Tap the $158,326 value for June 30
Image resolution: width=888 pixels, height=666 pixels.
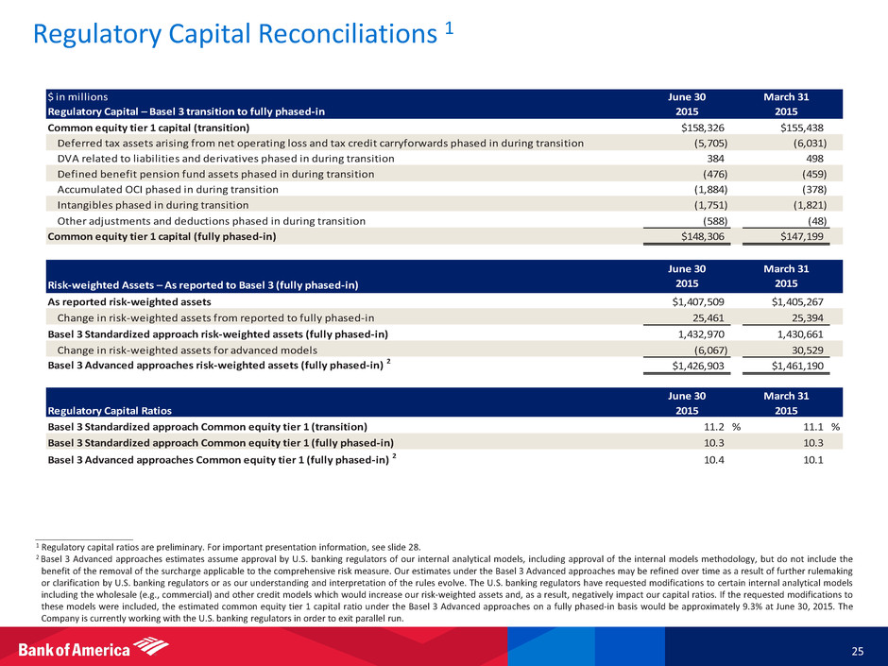696,127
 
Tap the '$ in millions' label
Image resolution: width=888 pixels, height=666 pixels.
77,96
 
